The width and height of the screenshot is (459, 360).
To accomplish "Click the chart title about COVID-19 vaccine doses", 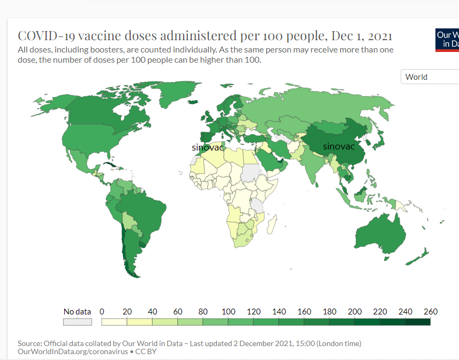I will pos(205,36).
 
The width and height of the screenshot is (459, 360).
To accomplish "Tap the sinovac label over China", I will pos(338,146).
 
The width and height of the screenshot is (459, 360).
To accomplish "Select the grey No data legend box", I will pos(78,322).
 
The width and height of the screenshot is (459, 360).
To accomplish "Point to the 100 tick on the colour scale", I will pos(229,312).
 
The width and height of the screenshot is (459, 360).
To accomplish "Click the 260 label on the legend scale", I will pos(431,312).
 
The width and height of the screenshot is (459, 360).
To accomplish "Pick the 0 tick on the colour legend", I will pos(102,312).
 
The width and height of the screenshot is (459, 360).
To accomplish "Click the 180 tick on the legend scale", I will pos(329,312).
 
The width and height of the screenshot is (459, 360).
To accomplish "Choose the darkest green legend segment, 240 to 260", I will pos(418,322).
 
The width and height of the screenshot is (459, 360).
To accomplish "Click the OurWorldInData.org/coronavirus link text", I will pos(73,351).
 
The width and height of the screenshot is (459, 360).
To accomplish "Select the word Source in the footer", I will pos(30,343).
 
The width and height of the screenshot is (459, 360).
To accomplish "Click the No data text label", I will pos(77,312).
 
